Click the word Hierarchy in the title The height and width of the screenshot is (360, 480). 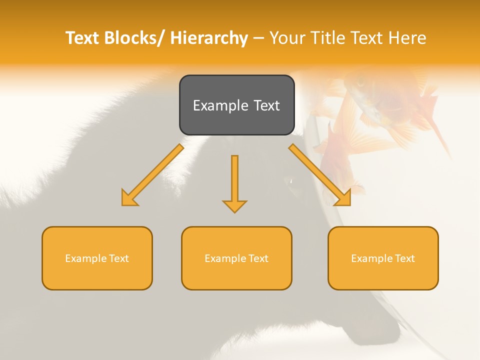pyautogui.click(x=209, y=38)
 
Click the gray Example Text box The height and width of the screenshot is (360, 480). pyautogui.click(x=236, y=105)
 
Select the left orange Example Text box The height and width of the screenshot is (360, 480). pyautogui.click(x=97, y=258)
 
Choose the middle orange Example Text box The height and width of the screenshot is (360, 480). pyautogui.click(x=236, y=258)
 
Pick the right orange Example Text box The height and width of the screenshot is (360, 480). pyautogui.click(x=383, y=258)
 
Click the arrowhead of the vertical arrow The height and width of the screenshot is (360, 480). pyautogui.click(x=234, y=206)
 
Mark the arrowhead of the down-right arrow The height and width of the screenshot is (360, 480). pyautogui.click(x=343, y=199)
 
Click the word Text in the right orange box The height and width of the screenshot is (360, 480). pyautogui.click(x=403, y=258)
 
